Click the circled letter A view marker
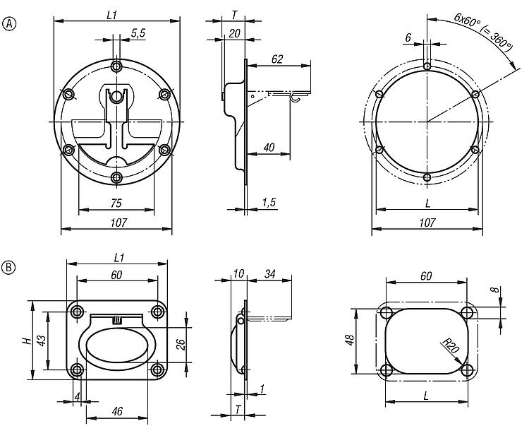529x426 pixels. [9, 24]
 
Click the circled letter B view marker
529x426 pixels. [9, 267]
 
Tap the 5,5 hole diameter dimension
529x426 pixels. [138, 33]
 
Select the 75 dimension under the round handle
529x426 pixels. [116, 203]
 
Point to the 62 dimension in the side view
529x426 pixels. [277, 59]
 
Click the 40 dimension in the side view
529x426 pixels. [269, 147]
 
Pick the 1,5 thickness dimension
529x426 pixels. [269, 202]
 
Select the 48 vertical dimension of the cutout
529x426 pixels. [350, 340]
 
